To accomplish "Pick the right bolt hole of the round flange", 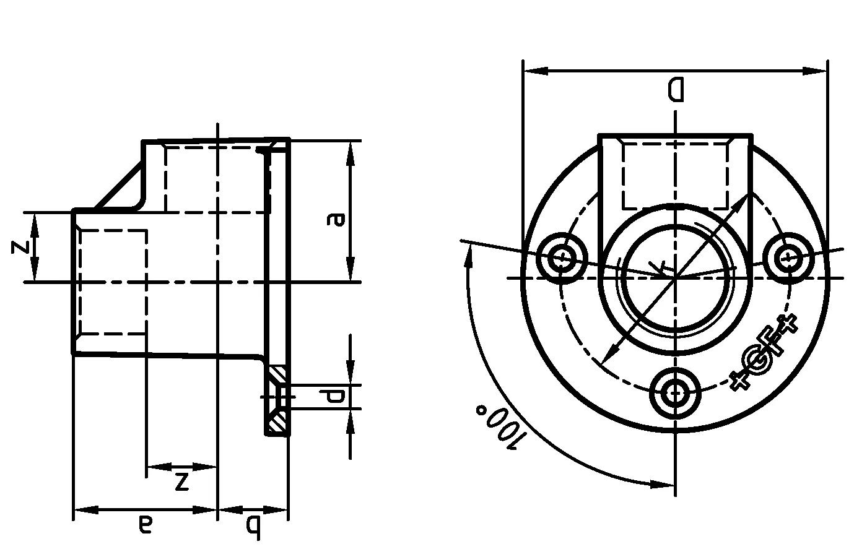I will (788, 256).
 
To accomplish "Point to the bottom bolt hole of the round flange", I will (675, 392).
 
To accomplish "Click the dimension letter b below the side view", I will (253, 527).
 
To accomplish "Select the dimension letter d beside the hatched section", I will (335, 397).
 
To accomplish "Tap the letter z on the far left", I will (20, 247).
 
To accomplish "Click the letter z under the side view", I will (181, 481).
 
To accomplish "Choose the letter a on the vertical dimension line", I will (336, 219).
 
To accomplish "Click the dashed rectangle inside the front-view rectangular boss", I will (675, 176).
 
